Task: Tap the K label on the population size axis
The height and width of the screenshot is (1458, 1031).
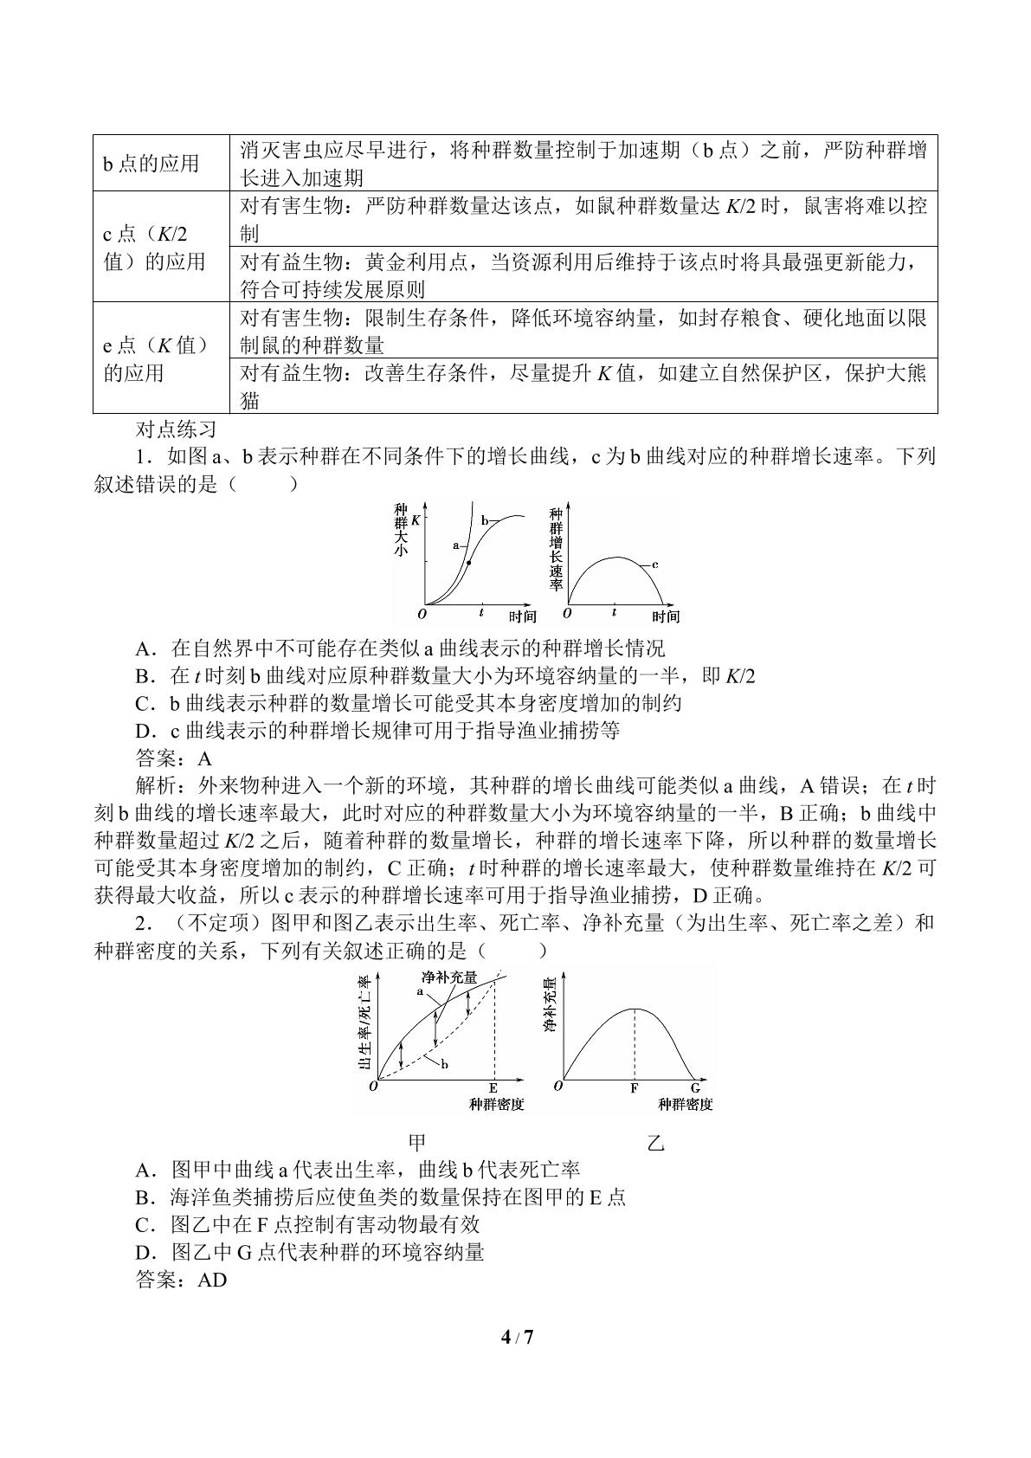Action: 416,519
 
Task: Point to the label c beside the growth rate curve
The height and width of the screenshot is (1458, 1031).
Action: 655,564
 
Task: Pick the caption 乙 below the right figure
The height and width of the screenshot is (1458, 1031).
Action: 656,1142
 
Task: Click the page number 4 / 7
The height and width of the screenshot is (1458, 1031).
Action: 517,1337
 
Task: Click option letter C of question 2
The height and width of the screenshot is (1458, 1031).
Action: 145,1224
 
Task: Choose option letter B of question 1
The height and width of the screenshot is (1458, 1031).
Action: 145,676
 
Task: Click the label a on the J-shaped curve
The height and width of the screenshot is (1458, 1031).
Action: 455,545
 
